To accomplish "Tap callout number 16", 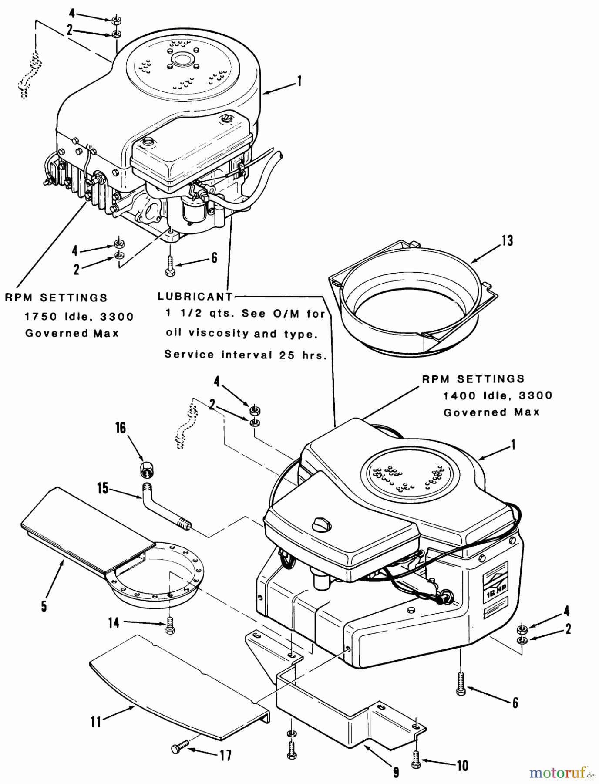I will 120,428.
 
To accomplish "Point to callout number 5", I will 44,606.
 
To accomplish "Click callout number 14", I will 114,623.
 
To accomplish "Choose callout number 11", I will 96,722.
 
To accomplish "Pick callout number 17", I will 225,755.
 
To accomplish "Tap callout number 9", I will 396,773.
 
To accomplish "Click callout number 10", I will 462,765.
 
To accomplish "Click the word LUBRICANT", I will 195,297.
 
